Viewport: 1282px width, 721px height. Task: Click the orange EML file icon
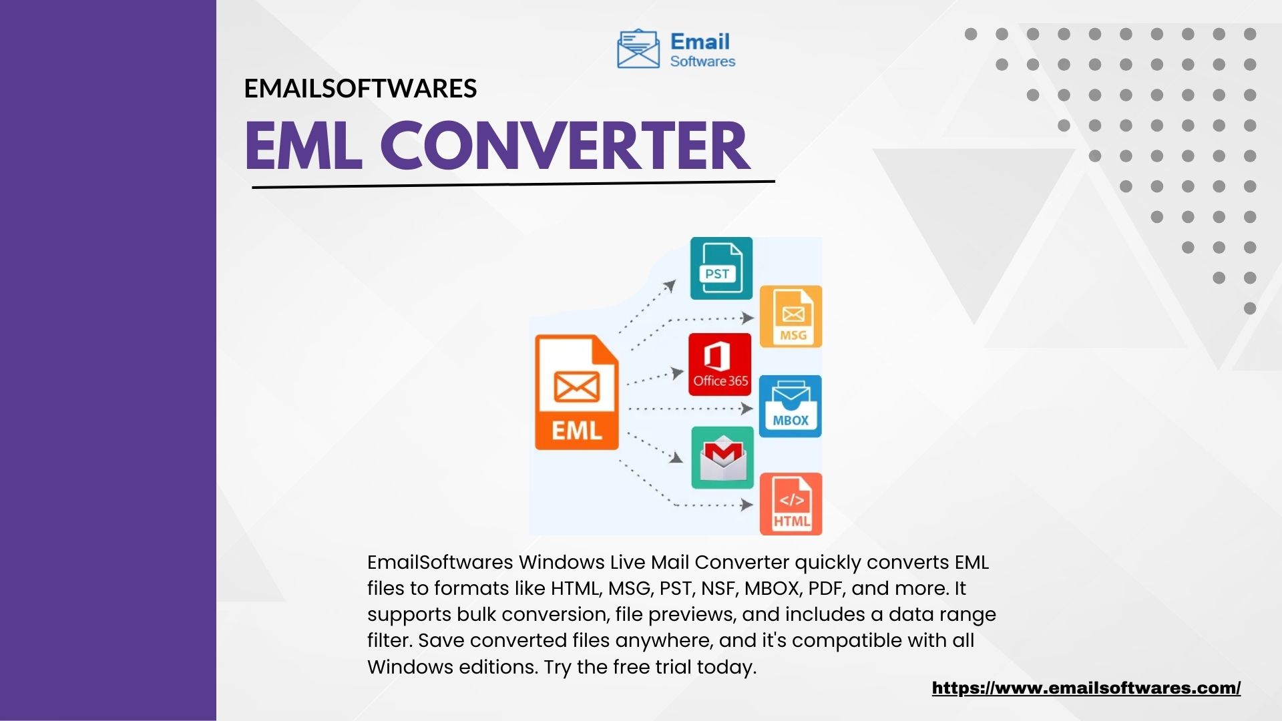[577, 392]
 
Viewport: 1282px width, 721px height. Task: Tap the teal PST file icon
[721, 268]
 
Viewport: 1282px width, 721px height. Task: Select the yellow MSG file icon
[791, 316]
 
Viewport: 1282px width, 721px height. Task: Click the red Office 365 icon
[720, 365]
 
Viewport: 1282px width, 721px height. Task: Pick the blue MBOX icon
[791, 406]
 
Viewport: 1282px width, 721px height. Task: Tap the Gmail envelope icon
[722, 457]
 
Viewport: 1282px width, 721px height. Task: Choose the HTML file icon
[791, 504]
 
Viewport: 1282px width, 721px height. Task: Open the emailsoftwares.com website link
[1086, 688]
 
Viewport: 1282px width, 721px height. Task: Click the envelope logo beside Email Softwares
[638, 49]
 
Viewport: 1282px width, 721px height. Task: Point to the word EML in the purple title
[304, 146]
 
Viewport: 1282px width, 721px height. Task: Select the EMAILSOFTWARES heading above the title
[361, 89]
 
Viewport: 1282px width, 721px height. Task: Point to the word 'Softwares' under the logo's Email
[702, 61]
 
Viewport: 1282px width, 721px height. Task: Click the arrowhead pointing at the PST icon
[669, 286]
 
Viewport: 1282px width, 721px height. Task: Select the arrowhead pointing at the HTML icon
[747, 505]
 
